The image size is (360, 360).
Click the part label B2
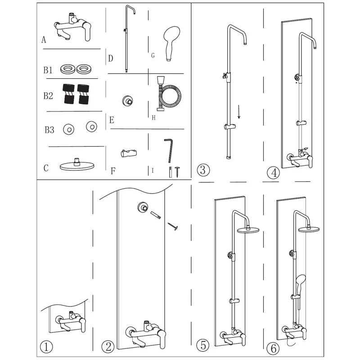(48, 96)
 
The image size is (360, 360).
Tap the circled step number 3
(203, 170)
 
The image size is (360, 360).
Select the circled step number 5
(203, 346)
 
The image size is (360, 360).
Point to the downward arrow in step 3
(239, 112)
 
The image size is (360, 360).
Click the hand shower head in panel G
(171, 42)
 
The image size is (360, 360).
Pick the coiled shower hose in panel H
(169, 94)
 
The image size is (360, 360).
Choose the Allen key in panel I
(169, 150)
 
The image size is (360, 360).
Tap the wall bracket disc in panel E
(127, 100)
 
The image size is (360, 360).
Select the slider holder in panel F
(129, 153)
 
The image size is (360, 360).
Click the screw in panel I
(177, 172)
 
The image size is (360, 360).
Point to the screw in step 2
(173, 226)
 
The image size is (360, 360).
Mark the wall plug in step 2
(155, 215)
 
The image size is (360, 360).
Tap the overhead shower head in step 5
(248, 229)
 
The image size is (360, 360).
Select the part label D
(111, 58)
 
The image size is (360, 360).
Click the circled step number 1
(46, 346)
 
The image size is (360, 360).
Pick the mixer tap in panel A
(73, 27)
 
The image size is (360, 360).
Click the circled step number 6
(273, 349)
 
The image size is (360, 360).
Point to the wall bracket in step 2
(143, 207)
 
